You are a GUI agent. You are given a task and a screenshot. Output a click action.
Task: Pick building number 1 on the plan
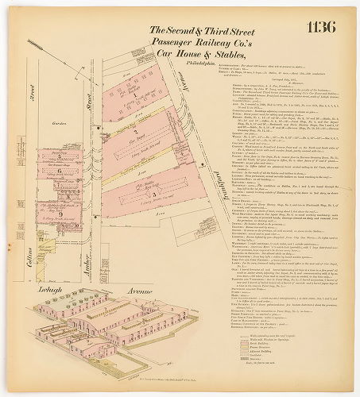(136, 95)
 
